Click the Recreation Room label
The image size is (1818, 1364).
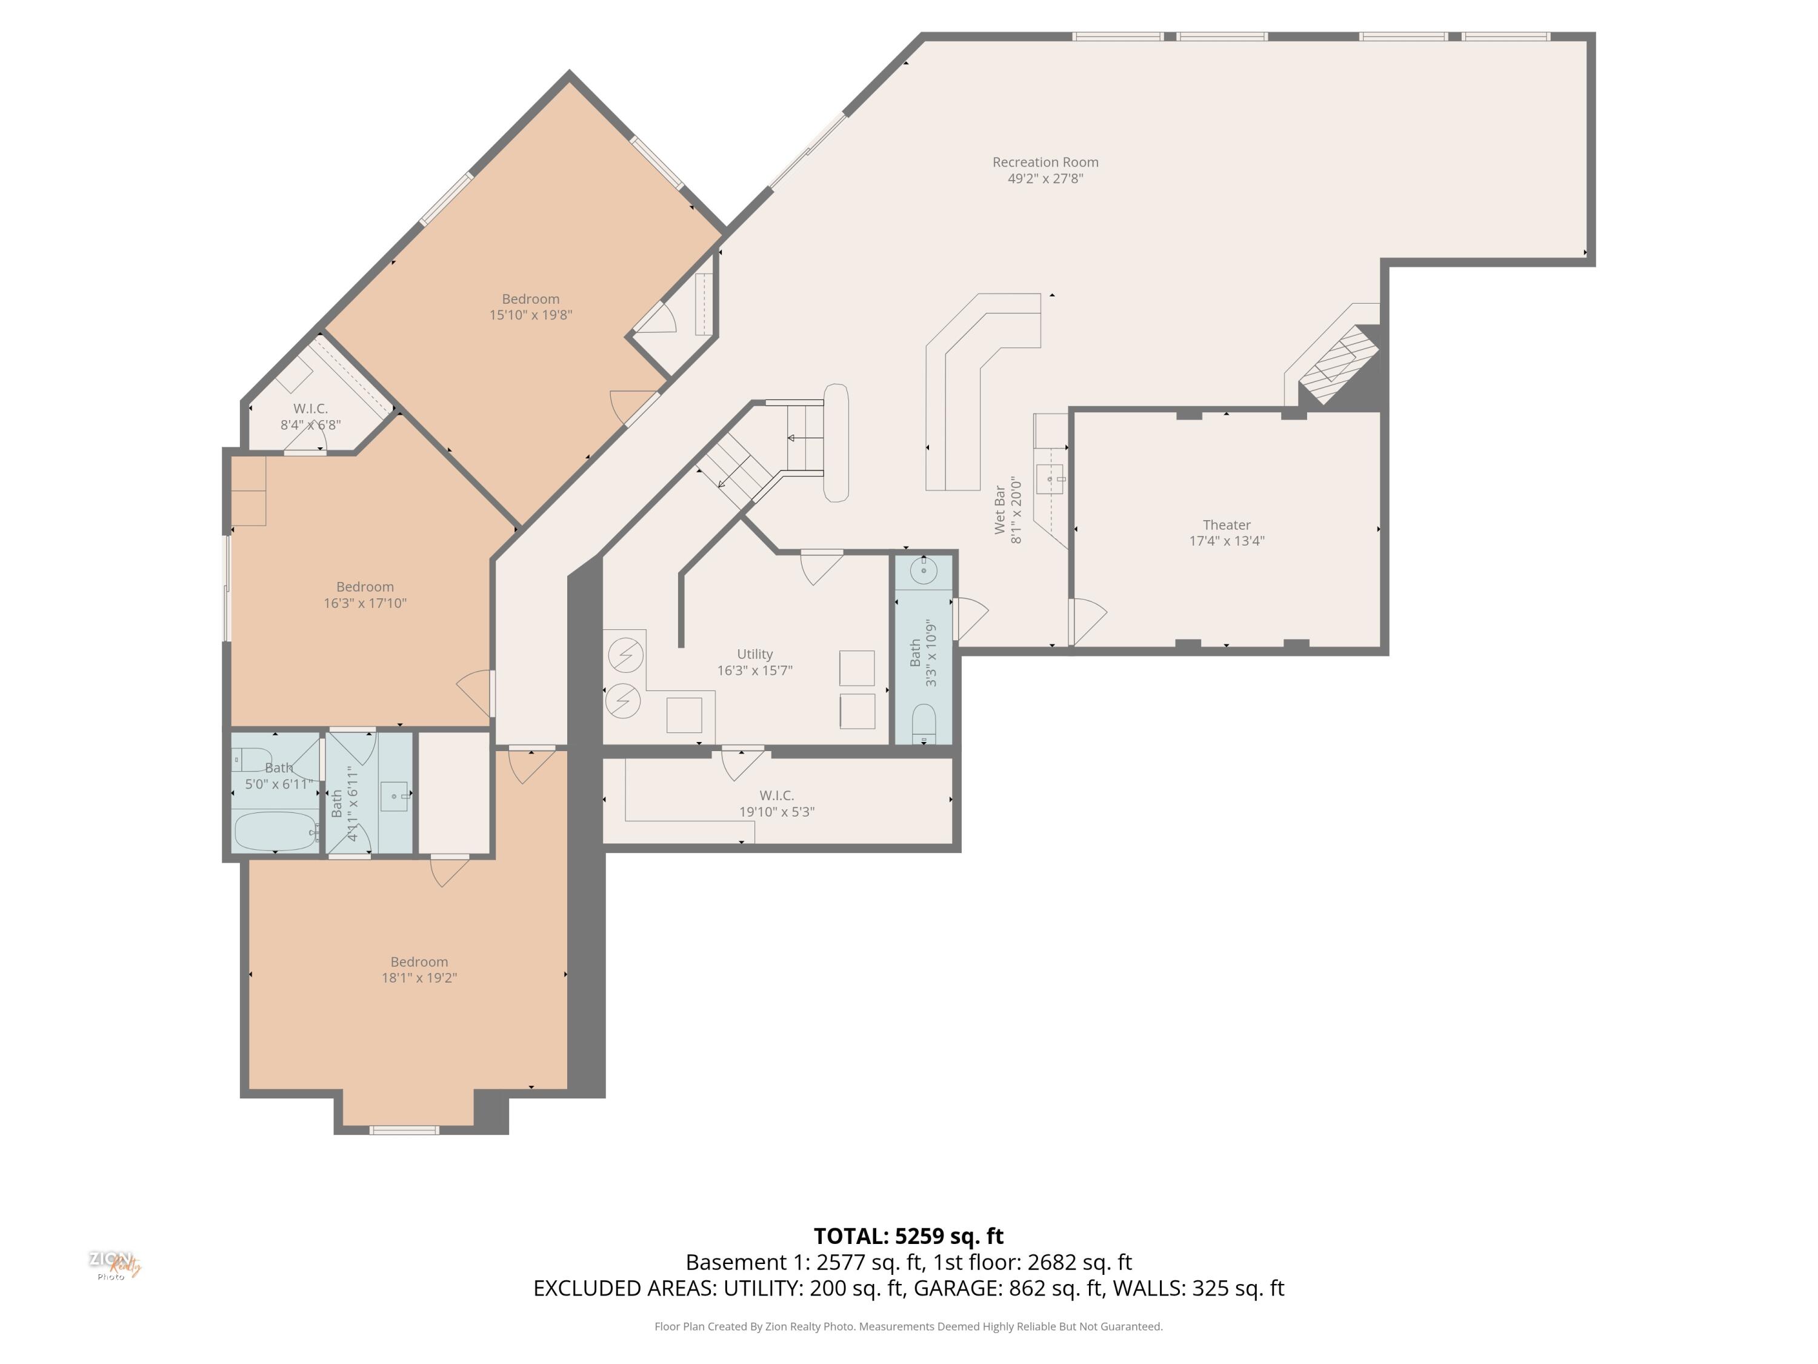click(x=1045, y=162)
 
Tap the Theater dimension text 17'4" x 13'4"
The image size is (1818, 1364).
click(x=1227, y=541)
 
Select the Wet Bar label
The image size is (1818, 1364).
click(x=999, y=510)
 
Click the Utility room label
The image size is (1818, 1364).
click(x=754, y=655)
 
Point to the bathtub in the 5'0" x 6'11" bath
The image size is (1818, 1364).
click(x=275, y=831)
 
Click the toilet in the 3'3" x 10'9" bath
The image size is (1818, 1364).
click(x=924, y=723)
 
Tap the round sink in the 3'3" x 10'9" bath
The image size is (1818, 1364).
click(x=924, y=570)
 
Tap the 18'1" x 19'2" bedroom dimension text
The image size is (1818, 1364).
click(x=419, y=978)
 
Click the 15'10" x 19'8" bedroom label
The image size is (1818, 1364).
click(x=530, y=299)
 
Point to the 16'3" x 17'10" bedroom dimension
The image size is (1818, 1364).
click(x=365, y=603)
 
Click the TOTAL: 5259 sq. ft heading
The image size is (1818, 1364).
click(x=908, y=1237)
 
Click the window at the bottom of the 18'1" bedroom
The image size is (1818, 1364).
click(x=404, y=1131)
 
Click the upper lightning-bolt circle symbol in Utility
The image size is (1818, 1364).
click(x=625, y=655)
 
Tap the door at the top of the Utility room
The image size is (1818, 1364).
click(x=821, y=566)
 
